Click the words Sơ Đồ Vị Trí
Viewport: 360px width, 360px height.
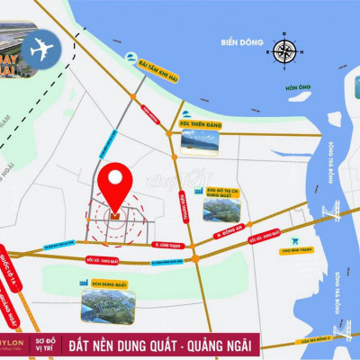coord(73,346)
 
